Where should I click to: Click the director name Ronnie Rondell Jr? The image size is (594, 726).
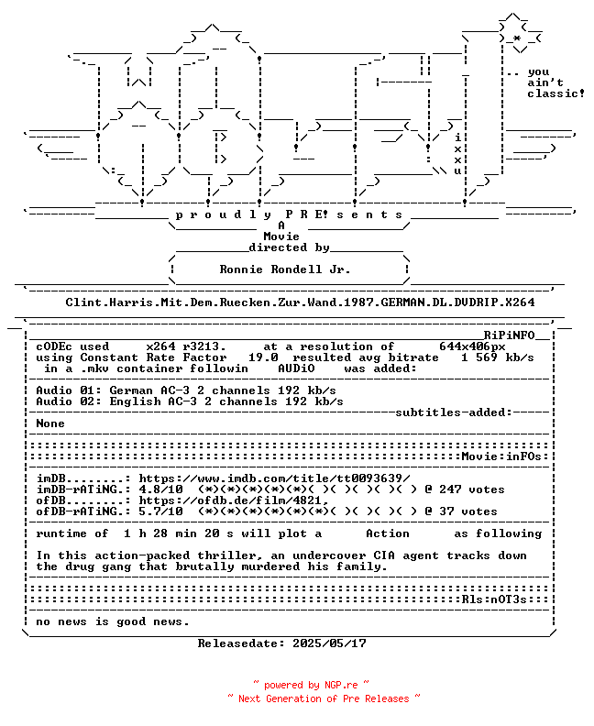[x=285, y=269]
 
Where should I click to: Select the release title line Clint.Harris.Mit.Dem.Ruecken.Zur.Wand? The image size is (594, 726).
[x=300, y=302]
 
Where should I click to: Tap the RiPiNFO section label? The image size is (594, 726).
[x=510, y=335]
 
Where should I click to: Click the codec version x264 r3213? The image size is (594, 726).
[x=186, y=346]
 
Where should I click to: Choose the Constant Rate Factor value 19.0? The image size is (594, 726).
[x=263, y=357]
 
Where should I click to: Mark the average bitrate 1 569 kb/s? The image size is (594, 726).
[x=497, y=357]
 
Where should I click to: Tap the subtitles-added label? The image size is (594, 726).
[x=454, y=412]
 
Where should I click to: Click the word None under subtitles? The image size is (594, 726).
[x=50, y=423]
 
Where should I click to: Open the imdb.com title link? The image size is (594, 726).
[x=275, y=478]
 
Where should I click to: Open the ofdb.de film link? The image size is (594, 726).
[x=234, y=500]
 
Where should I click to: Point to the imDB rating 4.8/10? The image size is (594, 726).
[x=160, y=489]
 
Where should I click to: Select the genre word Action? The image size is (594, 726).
[x=388, y=533]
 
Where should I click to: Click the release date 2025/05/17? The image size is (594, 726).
[x=329, y=643]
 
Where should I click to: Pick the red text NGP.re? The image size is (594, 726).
[x=341, y=685]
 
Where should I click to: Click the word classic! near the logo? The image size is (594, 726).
[x=556, y=93]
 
